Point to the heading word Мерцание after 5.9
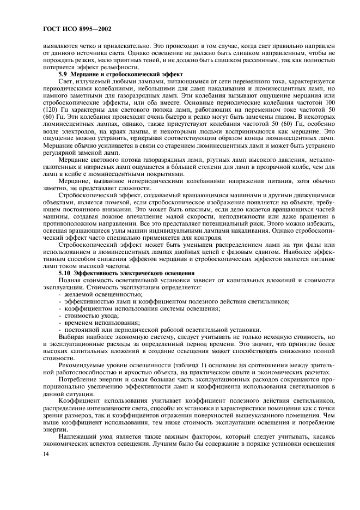(x=88, y=73)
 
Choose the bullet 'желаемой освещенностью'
(x=100, y=294)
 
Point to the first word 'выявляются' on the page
(x=59, y=45)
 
